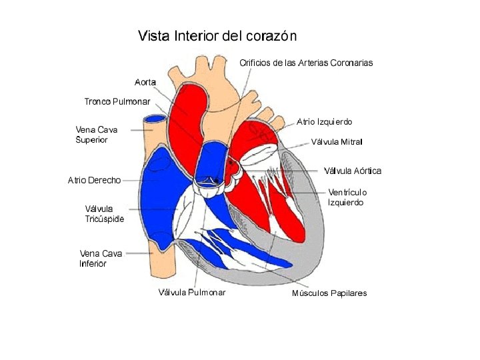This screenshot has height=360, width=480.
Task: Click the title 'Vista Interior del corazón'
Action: pyautogui.click(x=217, y=36)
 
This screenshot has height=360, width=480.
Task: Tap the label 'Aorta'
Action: pyautogui.click(x=145, y=82)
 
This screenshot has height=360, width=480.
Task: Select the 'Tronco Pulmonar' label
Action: pyautogui.click(x=117, y=101)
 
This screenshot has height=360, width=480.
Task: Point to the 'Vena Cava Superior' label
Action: pyautogui.click(x=96, y=135)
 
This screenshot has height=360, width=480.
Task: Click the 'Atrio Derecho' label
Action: pyautogui.click(x=94, y=180)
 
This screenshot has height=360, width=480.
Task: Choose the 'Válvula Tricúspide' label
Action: pyautogui.click(x=104, y=213)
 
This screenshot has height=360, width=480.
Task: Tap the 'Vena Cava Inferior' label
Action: pyautogui.click(x=101, y=258)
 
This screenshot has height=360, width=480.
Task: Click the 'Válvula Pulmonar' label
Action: pyautogui.click(x=191, y=292)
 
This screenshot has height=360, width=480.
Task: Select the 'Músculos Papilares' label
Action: pyautogui.click(x=329, y=293)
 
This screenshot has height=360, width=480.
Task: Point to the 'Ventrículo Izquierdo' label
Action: pyautogui.click(x=347, y=197)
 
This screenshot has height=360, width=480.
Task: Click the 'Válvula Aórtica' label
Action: pyautogui.click(x=353, y=171)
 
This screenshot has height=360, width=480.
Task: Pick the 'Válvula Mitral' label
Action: pyautogui.click(x=337, y=142)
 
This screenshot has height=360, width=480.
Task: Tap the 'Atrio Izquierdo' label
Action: pyautogui.click(x=325, y=122)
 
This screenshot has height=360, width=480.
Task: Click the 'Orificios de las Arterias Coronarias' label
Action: pyautogui.click(x=306, y=63)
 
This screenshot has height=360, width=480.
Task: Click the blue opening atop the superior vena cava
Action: pyautogui.click(x=155, y=119)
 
